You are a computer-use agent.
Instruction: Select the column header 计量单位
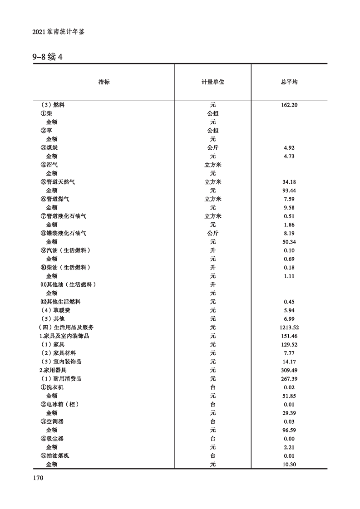pos(213,82)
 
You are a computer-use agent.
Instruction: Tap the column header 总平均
pos(289,82)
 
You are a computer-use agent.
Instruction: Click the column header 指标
pos(104,82)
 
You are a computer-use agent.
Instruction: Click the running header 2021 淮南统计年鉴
pos(59,33)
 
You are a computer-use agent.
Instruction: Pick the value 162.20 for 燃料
pos(289,105)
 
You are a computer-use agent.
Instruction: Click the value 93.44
pos(289,191)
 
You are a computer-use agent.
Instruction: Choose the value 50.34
pos(289,242)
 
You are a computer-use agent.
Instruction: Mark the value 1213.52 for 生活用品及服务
pos(289,327)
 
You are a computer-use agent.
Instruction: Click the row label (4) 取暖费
pos(55,310)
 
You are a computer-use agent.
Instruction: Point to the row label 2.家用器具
pos(54,370)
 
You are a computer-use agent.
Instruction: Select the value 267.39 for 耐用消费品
pos(289,379)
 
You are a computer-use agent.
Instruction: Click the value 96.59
pos(289,430)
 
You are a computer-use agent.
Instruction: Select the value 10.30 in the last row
pos(289,464)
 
